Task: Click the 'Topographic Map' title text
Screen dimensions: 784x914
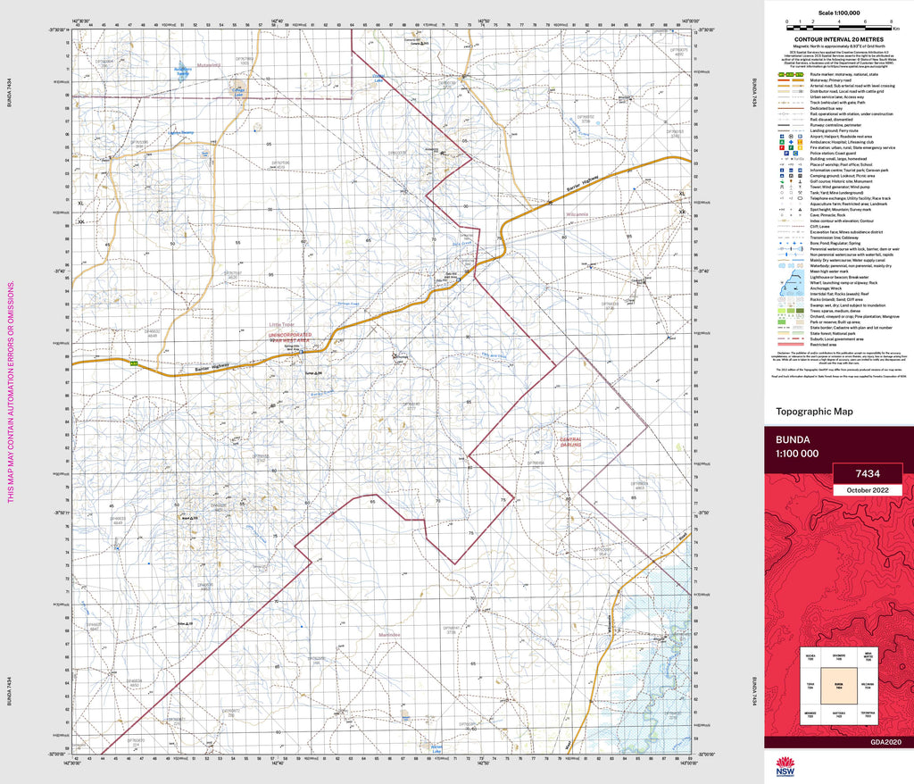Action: pyautogui.click(x=815, y=412)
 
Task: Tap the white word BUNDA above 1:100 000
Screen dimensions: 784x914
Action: pyautogui.click(x=794, y=440)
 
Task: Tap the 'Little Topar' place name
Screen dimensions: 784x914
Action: pyautogui.click(x=281, y=325)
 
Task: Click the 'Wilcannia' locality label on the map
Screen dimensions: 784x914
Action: pyautogui.click(x=576, y=214)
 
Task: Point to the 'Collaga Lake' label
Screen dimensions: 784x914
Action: pyautogui.click(x=239, y=93)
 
